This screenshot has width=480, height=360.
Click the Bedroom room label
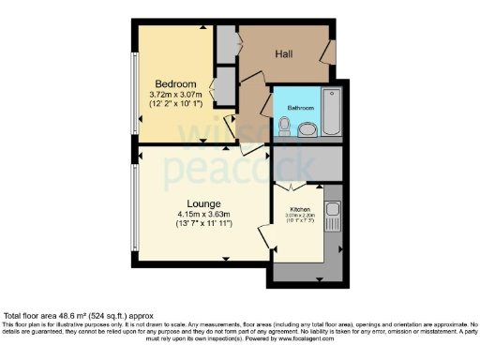tap(175, 83)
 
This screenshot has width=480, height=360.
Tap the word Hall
tap(283, 54)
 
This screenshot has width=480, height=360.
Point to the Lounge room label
tap(203, 203)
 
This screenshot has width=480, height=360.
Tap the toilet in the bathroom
tap(283, 127)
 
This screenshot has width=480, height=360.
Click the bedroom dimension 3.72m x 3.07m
tap(176, 95)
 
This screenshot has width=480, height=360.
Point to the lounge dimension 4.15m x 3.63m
tap(203, 215)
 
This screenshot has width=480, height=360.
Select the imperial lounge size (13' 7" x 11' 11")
tap(203, 225)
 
